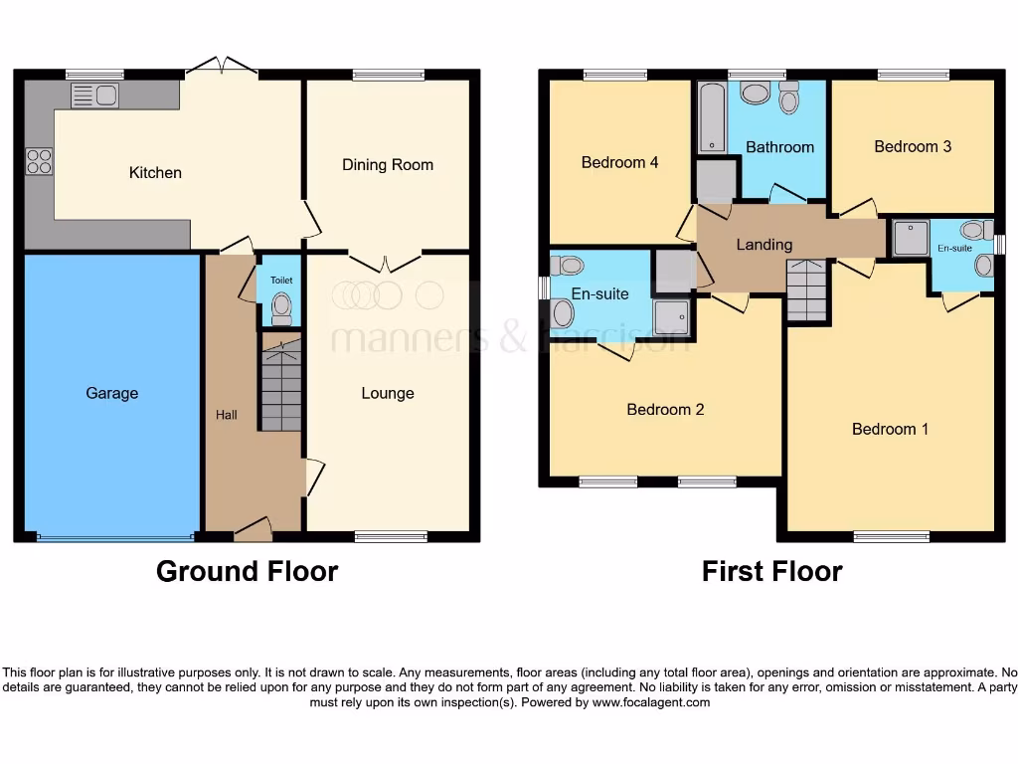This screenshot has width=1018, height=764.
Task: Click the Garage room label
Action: (x=111, y=393)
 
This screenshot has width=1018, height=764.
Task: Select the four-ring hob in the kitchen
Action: (x=39, y=161)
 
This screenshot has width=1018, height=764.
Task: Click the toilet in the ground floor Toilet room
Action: (x=282, y=306)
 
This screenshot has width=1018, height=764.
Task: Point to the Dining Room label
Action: (x=388, y=164)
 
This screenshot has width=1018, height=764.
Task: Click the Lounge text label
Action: (x=388, y=393)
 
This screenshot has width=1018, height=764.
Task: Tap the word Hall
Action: (x=227, y=415)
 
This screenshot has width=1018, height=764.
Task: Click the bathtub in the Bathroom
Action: (x=711, y=118)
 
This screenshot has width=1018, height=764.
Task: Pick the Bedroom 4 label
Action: (x=619, y=162)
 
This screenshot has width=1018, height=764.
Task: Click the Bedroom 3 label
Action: (x=913, y=146)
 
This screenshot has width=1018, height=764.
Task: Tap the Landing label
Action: (x=763, y=244)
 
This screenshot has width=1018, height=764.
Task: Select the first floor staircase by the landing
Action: (x=806, y=289)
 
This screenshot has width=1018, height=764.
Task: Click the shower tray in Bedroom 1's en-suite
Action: (x=909, y=237)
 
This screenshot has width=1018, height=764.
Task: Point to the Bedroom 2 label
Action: (x=665, y=409)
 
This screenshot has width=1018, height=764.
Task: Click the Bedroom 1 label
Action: (x=890, y=429)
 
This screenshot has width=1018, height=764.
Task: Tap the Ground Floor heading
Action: (x=247, y=571)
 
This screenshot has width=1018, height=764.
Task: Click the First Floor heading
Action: (x=771, y=571)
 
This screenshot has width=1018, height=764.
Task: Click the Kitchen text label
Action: (x=155, y=172)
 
